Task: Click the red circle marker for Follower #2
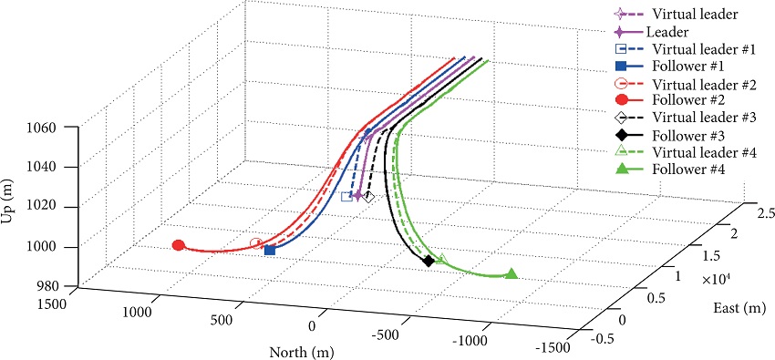[x=179, y=245]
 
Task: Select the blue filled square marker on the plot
[x=270, y=250]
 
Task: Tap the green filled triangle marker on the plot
[x=511, y=273]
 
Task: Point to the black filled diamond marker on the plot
[x=429, y=262]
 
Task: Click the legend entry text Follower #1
[x=686, y=67]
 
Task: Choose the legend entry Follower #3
[x=686, y=136]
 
